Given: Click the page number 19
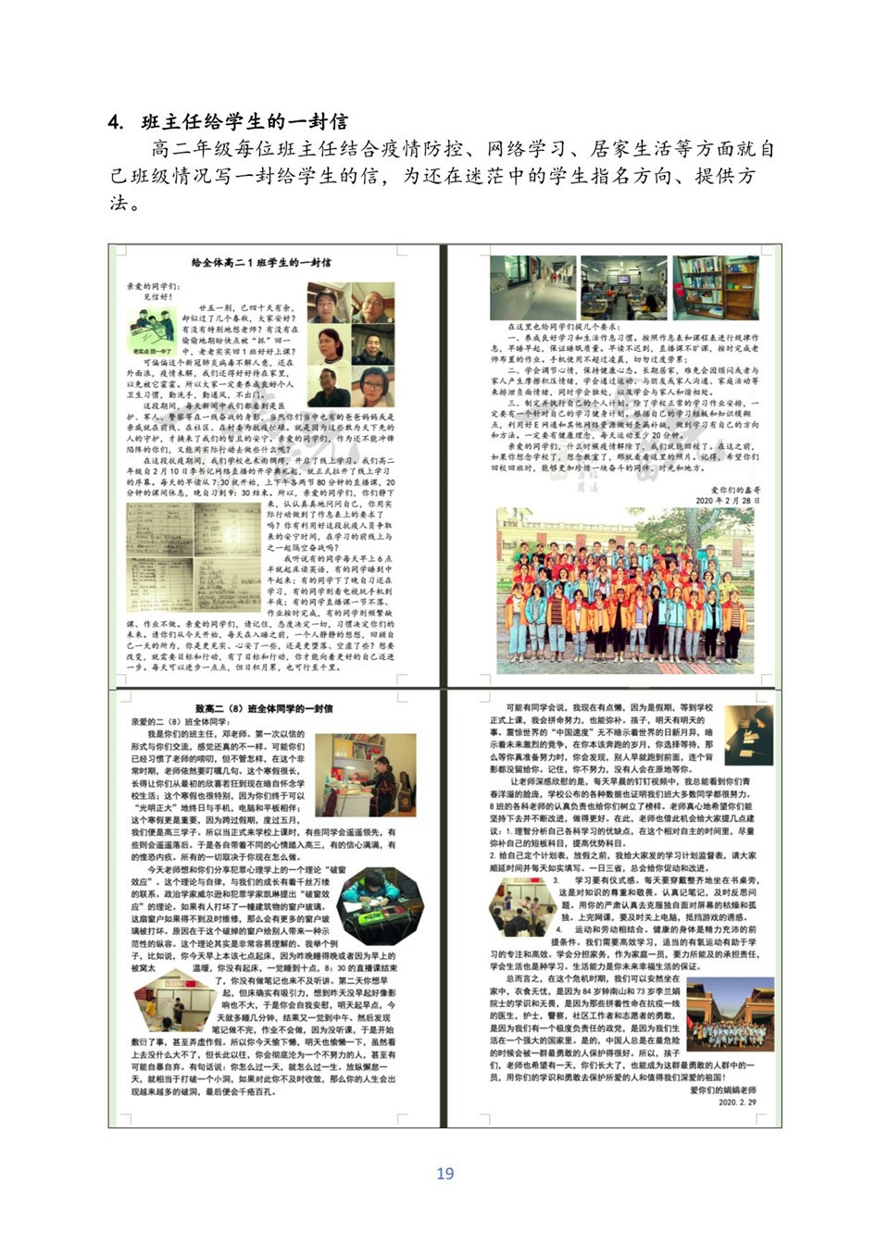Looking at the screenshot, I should (444, 1173).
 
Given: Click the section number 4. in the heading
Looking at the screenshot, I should (115, 122).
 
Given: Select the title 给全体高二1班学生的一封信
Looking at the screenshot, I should (260, 263).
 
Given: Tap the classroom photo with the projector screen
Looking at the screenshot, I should (623, 288).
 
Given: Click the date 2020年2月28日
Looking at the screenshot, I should (728, 500).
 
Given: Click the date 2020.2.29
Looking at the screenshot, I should (737, 1102).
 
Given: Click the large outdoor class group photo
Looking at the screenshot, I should (625, 590).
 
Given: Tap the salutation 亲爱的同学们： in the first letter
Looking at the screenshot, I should (154, 287).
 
